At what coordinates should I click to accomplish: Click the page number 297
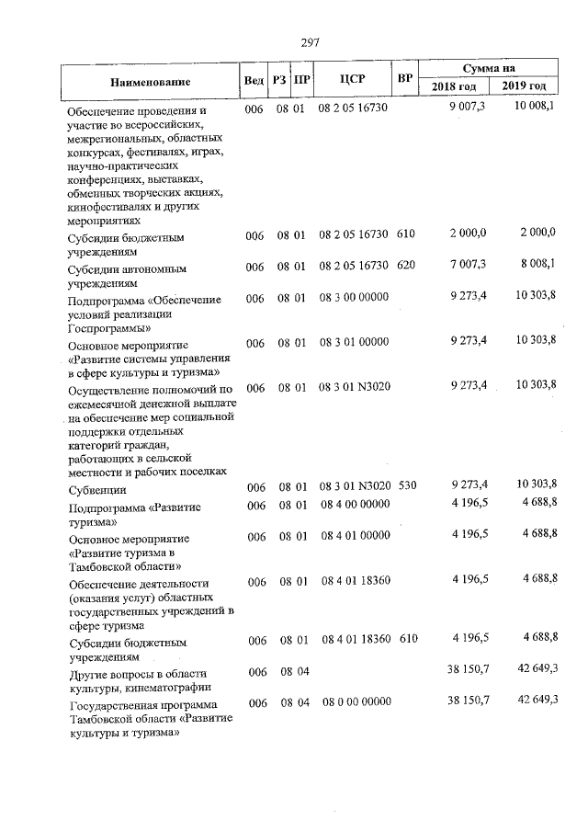point(309,42)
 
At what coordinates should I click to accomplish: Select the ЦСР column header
point(352,79)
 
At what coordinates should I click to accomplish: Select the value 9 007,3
point(469,108)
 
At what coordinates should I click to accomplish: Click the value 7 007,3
point(469,265)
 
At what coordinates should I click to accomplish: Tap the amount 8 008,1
point(537,265)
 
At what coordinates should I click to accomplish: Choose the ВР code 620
point(406,266)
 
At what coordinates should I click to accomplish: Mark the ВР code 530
point(406,484)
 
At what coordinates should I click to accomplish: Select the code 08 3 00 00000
point(355,296)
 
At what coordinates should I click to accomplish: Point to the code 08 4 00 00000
point(355,505)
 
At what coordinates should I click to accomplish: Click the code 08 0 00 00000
point(355,701)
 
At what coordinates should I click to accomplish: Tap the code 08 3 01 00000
point(355,342)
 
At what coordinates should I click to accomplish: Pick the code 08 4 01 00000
point(355,534)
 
